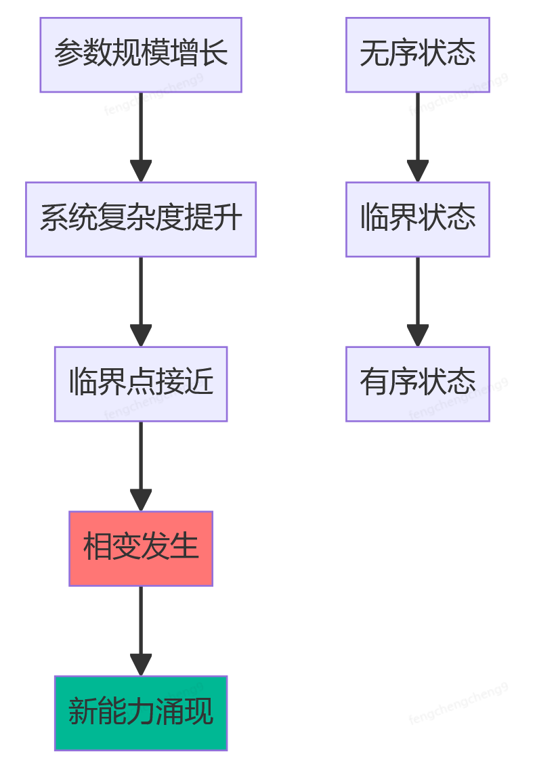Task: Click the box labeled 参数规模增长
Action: coord(141,55)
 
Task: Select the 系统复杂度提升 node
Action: coord(141,219)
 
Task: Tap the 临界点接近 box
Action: coord(141,384)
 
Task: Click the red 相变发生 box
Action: coord(141,548)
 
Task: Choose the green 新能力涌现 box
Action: coord(141,713)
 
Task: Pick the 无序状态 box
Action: coord(418,55)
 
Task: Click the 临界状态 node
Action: coord(418,219)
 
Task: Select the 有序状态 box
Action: coord(418,384)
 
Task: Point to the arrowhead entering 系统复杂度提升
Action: coord(141,171)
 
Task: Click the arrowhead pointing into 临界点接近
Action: coord(141,336)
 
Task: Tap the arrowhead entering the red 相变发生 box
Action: coord(141,500)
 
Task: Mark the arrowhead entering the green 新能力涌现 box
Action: coord(141,665)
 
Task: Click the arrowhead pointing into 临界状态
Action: coord(418,171)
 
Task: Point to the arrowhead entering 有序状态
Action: coord(418,336)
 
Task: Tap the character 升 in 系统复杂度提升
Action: coord(228,218)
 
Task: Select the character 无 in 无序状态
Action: coord(374,53)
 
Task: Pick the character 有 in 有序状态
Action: coord(374,382)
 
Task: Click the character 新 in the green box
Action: coord(83,711)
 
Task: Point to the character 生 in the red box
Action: coord(184,547)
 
